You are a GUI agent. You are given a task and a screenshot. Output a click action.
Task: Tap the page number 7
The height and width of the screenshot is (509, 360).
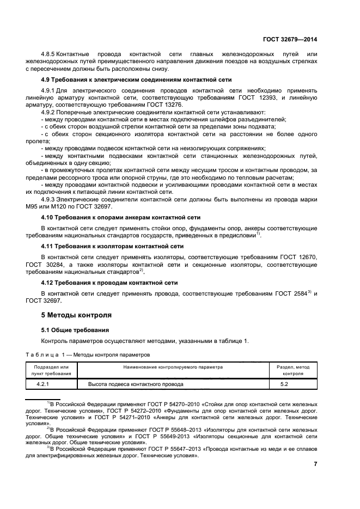click(x=315, y=464)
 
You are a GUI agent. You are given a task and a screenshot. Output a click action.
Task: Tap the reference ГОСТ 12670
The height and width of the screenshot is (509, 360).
click(x=298, y=256)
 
